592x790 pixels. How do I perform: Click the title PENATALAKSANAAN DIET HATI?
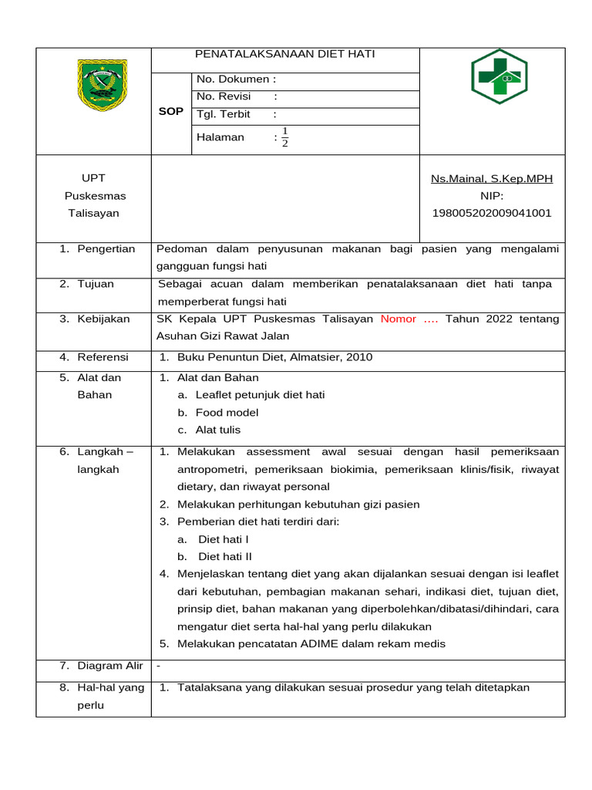285,54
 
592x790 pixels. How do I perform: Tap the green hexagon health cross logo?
499,76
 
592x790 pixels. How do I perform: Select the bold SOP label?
170,111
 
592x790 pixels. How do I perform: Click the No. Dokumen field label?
236,79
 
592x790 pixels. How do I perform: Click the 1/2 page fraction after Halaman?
284,137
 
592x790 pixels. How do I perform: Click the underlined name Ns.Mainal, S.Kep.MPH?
491,179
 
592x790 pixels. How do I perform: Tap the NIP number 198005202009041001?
491,213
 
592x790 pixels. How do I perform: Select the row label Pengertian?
106,248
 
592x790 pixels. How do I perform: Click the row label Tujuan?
95,284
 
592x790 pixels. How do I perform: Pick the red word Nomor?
397,319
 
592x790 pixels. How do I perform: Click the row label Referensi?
103,357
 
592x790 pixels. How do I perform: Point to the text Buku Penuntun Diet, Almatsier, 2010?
274,357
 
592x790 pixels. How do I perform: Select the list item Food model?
227,413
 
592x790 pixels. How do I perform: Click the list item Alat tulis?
217,430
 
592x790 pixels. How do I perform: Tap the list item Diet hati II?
225,556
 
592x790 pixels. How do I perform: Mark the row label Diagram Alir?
110,665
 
